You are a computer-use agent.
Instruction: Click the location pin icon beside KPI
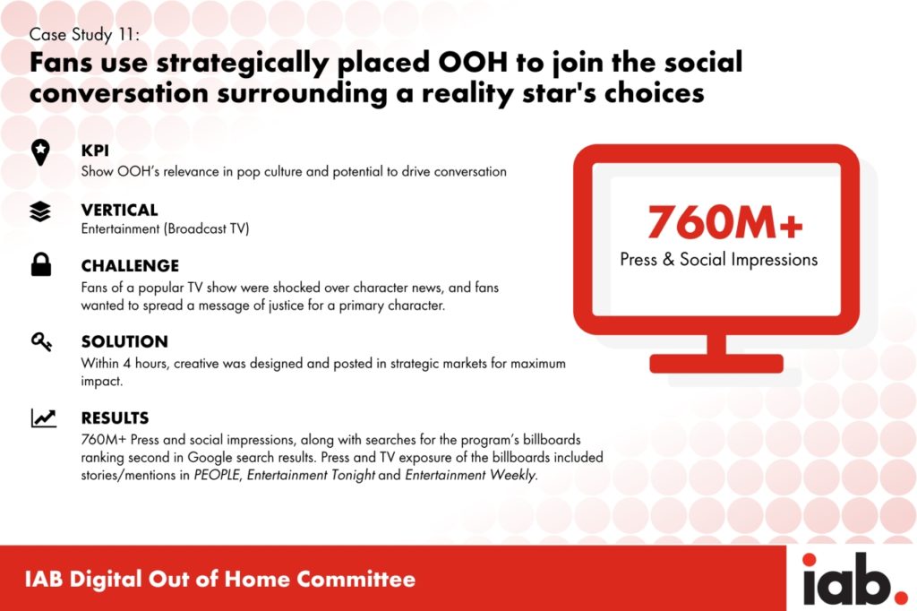click(40, 152)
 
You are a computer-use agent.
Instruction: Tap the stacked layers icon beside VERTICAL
click(39, 211)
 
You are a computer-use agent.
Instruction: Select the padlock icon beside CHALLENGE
click(41, 264)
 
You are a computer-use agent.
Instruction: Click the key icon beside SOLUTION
click(41, 341)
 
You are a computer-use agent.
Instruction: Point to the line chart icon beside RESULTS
click(44, 417)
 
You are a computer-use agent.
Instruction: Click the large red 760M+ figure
click(725, 222)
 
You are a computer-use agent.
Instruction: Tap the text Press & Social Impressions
click(719, 259)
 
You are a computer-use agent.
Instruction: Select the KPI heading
click(95, 151)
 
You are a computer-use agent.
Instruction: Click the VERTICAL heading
click(119, 210)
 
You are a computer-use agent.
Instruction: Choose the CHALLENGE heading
click(130, 266)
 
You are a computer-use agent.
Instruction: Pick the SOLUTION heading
click(124, 341)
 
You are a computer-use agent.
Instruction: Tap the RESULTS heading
click(115, 417)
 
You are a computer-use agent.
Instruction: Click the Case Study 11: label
click(85, 35)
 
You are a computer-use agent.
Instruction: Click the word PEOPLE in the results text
click(217, 475)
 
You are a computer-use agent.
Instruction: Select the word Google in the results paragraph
click(210, 458)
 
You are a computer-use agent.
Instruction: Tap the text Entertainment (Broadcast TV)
click(165, 228)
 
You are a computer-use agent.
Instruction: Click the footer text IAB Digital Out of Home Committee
click(220, 579)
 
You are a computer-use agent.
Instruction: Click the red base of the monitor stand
click(716, 364)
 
